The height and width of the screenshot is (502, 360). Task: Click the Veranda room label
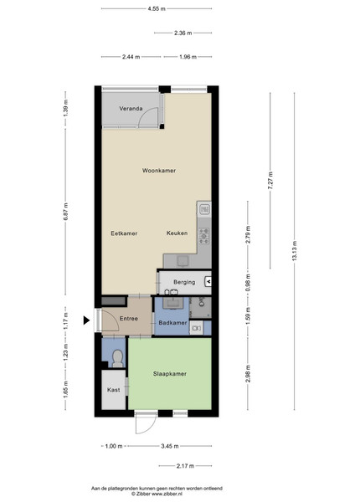click(x=131, y=109)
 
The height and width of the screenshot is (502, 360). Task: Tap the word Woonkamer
click(x=159, y=171)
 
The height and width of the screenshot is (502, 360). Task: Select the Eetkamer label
click(x=124, y=233)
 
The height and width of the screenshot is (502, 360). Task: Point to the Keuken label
click(x=177, y=233)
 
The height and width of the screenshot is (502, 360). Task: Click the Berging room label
click(x=184, y=282)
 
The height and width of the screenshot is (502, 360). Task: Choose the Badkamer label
click(x=172, y=323)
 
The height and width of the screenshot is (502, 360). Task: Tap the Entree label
click(x=128, y=319)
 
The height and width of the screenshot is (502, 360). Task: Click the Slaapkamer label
click(x=169, y=374)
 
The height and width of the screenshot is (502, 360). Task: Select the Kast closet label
click(x=113, y=390)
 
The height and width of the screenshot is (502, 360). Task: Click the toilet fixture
click(x=118, y=359)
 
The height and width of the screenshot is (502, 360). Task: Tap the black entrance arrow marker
click(x=86, y=320)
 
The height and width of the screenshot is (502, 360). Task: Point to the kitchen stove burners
click(x=204, y=236)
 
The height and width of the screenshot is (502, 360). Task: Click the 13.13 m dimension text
click(x=295, y=251)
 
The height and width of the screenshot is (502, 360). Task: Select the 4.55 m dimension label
click(x=157, y=8)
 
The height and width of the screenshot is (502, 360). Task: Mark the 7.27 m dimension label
click(x=270, y=180)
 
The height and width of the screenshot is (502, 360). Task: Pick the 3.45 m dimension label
click(x=169, y=446)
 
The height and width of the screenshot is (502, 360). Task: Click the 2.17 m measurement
click(x=185, y=466)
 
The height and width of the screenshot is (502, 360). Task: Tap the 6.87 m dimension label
click(x=65, y=212)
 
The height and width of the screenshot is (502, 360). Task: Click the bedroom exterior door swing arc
click(x=148, y=428)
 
